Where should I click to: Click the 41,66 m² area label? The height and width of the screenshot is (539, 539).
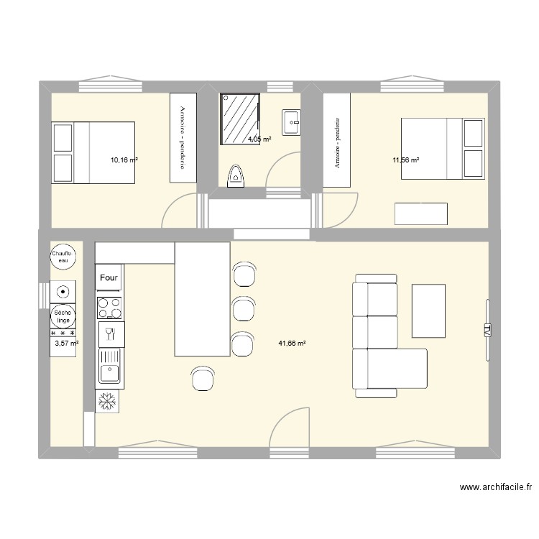(x=292, y=344)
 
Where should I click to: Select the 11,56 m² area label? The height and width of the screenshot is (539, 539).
(x=405, y=160)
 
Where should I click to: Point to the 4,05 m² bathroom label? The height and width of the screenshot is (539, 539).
(x=259, y=139)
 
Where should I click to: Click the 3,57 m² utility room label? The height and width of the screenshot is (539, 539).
(x=66, y=344)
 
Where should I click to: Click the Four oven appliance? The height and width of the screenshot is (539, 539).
(x=109, y=277)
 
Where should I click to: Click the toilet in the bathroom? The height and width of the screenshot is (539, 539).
(x=236, y=175)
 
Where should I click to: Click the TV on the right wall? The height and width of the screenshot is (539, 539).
(x=487, y=331)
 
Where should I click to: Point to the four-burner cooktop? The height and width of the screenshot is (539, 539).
(x=109, y=308)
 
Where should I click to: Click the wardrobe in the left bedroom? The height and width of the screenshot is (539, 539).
(x=183, y=137)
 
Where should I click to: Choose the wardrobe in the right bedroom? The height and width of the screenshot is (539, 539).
(x=336, y=140)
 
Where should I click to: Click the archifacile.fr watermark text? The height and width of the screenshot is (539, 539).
(x=496, y=487)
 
